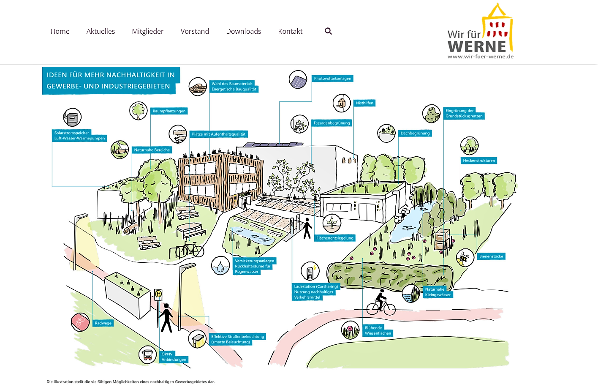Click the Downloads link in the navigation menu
tap(244, 31)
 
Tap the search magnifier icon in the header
tap(328, 31)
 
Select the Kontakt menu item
tap(290, 31)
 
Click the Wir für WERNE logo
tap(481, 31)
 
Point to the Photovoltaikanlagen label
tap(332, 79)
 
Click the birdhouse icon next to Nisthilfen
tap(342, 103)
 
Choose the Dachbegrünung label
tap(415, 133)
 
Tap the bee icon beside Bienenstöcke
tap(465, 258)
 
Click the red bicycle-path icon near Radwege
tap(80, 322)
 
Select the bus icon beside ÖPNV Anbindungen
tap(147, 355)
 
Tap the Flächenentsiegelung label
tap(335, 238)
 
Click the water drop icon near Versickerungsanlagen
tap(220, 265)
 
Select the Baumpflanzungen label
tap(169, 111)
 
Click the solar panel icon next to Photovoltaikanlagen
tap(298, 79)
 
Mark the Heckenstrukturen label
tap(478, 161)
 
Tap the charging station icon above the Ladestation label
tap(310, 271)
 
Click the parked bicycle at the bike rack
tap(190, 250)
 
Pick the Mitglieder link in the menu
tap(148, 31)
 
